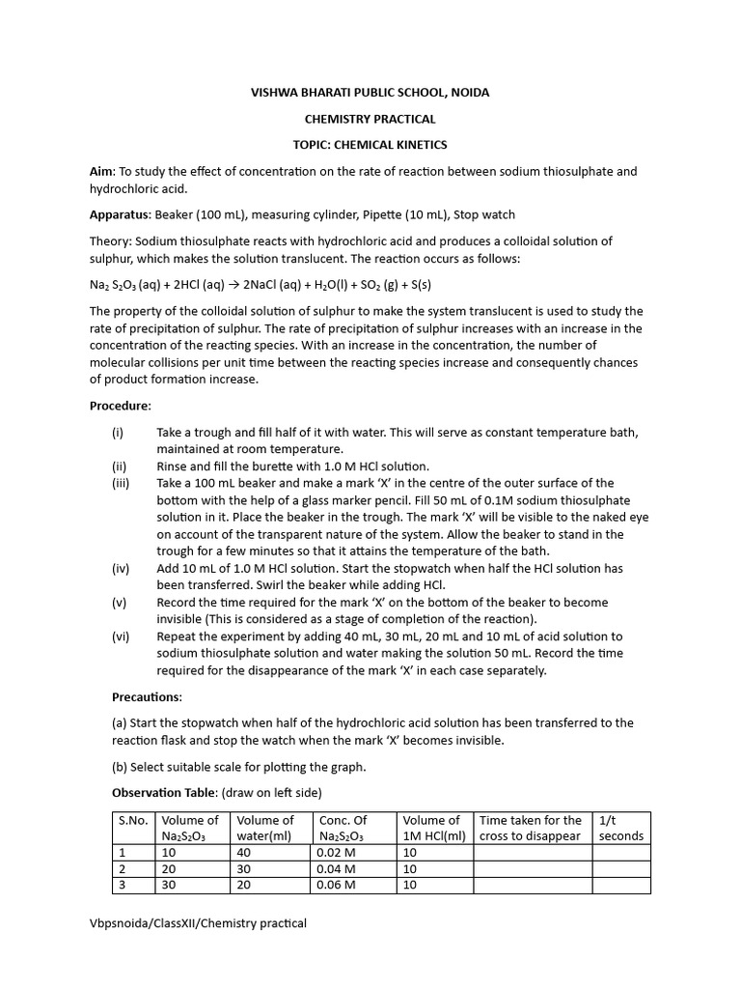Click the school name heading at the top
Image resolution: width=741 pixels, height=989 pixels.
(370, 93)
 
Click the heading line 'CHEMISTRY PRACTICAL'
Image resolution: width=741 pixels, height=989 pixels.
(370, 119)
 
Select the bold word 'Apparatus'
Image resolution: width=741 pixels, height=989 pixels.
(120, 214)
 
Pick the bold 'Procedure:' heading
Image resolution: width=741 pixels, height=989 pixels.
(121, 406)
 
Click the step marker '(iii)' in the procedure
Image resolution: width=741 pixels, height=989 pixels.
(121, 483)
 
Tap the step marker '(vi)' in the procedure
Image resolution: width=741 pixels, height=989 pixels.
(121, 636)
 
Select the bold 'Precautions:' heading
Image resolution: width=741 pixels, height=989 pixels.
(147, 696)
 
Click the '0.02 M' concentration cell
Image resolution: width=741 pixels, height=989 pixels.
(336, 853)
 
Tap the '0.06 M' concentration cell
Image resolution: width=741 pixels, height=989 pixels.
(336, 885)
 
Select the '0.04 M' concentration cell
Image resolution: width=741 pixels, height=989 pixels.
(336, 869)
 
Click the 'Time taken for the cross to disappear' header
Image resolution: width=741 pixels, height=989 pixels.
(531, 828)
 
